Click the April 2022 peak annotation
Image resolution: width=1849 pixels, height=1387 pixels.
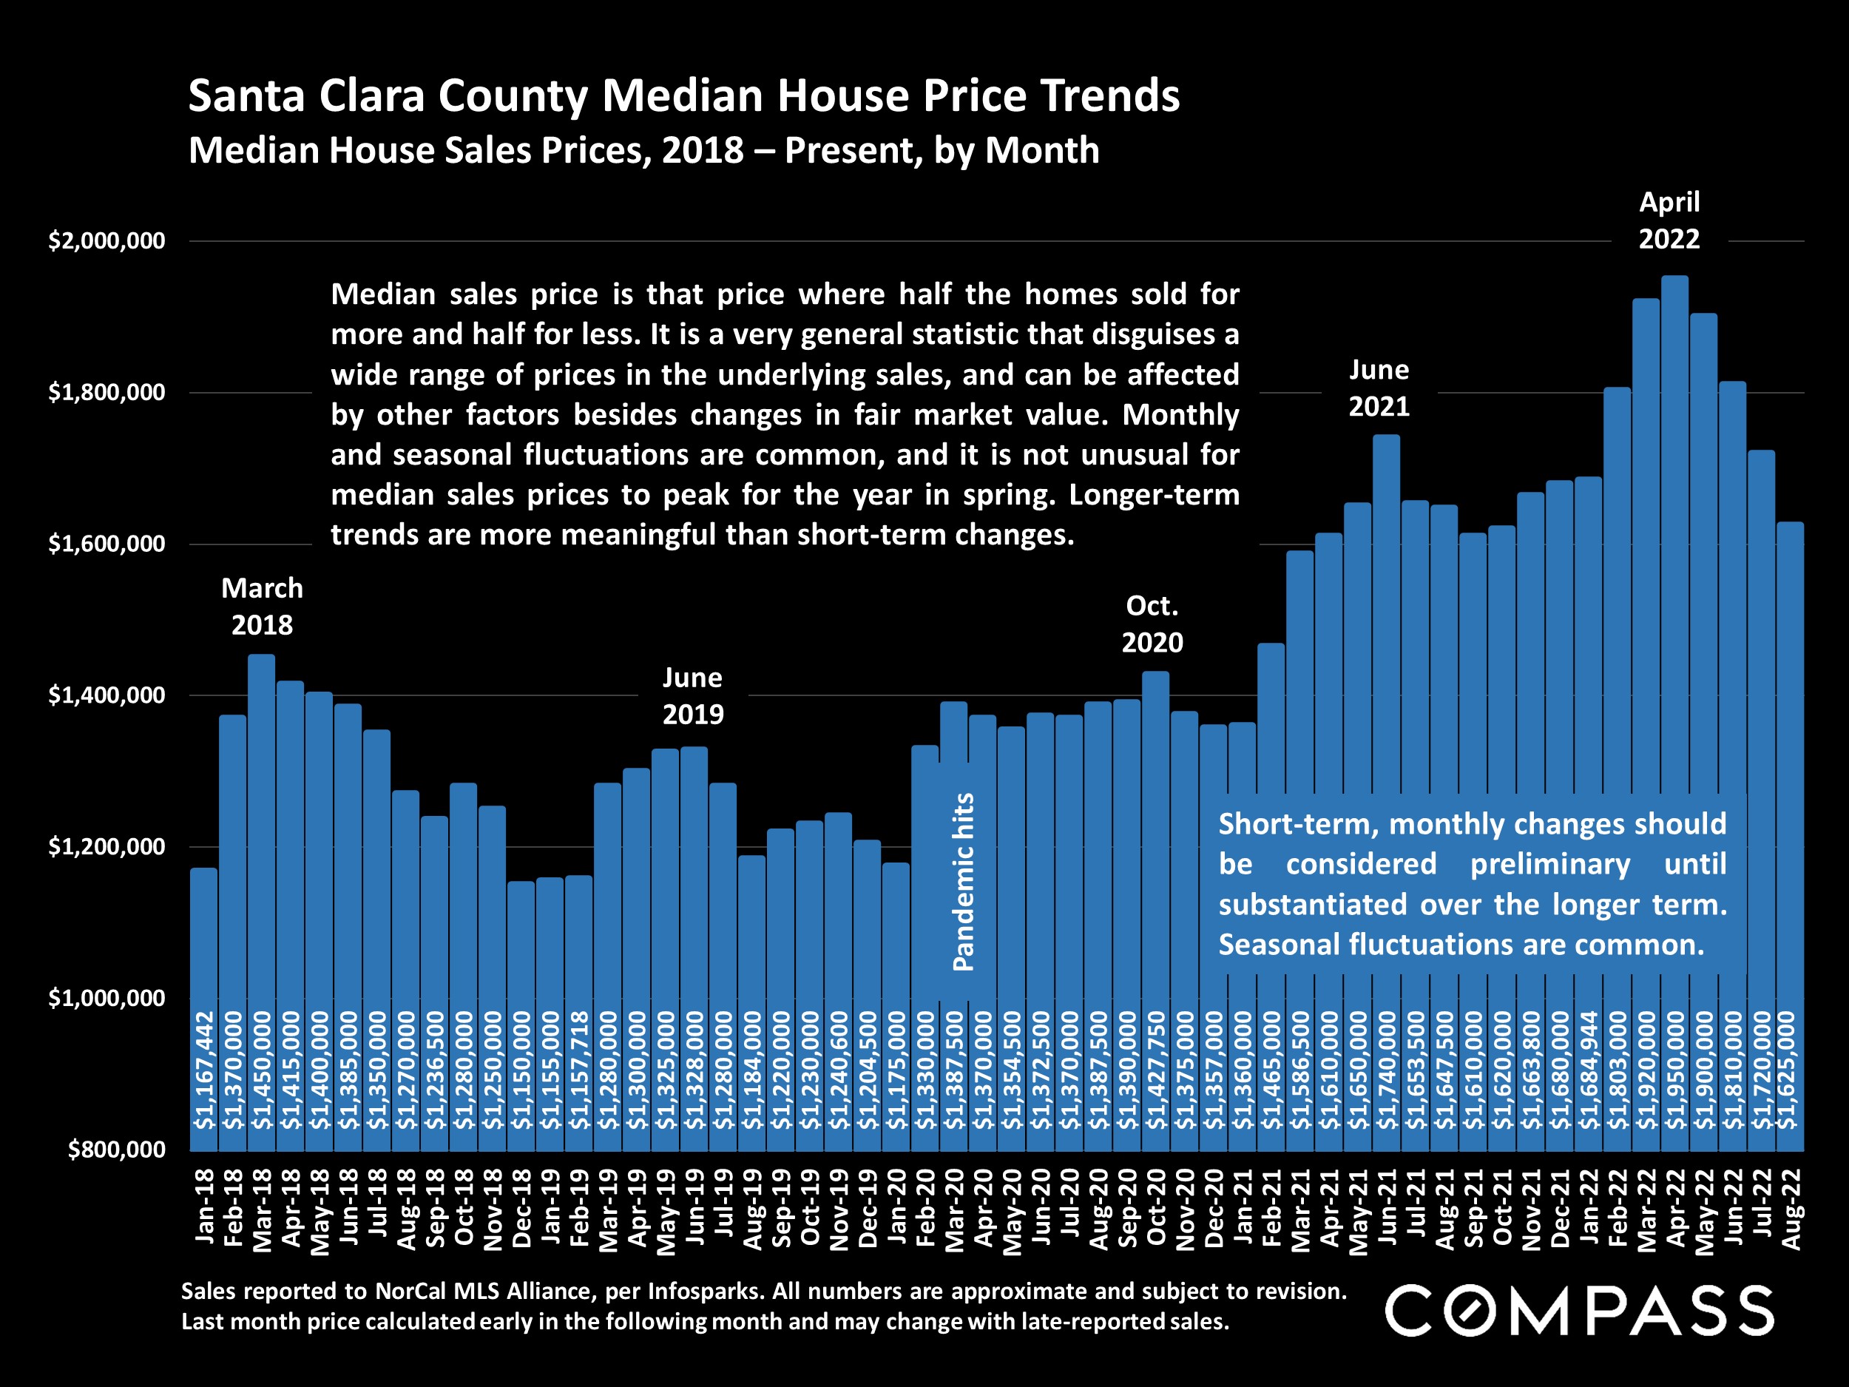[1669, 220]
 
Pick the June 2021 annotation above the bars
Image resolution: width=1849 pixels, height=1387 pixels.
[1379, 388]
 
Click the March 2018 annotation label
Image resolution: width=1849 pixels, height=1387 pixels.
[262, 606]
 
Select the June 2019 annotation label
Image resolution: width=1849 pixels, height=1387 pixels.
[693, 695]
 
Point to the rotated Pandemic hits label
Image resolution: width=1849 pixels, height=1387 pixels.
[964, 881]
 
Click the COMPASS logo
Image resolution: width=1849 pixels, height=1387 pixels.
[1579, 1311]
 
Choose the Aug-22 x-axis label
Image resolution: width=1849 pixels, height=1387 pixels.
[1790, 1209]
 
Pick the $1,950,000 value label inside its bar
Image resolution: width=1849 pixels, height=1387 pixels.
[1675, 1070]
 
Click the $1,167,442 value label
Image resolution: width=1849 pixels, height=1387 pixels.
[204, 1070]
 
